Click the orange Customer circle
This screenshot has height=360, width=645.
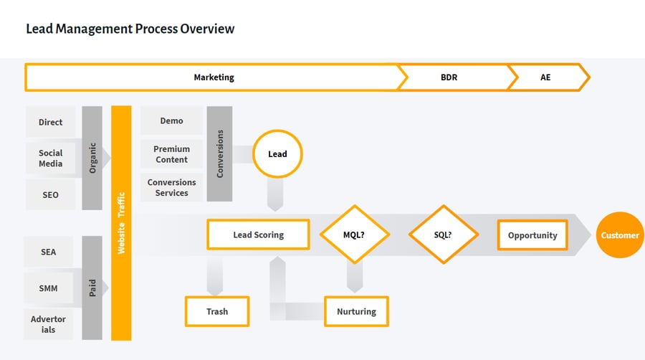coord(620,235)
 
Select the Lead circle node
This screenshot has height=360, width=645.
coord(277,154)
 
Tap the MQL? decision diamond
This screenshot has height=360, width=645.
coord(354,235)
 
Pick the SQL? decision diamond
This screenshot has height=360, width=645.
coord(443,235)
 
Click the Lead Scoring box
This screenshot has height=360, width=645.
coord(258,235)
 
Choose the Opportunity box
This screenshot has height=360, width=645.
coord(532,235)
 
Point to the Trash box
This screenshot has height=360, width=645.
coord(217,311)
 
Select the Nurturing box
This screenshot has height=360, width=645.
coord(356,311)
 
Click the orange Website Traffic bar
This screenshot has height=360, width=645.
coord(121,222)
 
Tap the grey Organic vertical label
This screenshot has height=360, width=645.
coord(92,158)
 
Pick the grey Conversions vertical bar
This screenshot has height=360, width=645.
coord(219,153)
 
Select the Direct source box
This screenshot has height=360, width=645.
coord(51,122)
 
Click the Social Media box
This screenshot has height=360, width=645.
coord(51,158)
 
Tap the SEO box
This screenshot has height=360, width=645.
coord(51,195)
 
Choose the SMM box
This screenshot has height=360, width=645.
coord(49,288)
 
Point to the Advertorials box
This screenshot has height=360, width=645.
coord(49,324)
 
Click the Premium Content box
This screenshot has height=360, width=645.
coord(171,154)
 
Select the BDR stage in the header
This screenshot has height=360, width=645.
coord(449,77)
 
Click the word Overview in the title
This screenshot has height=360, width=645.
coord(207,29)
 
